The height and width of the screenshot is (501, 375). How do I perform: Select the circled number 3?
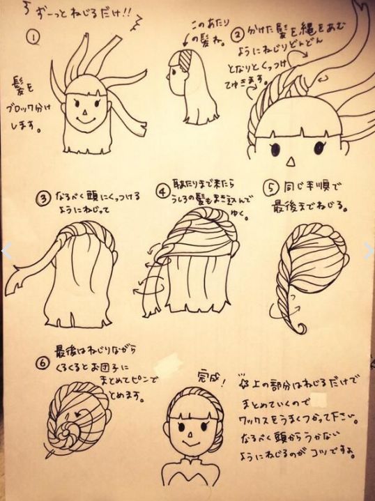pyautogui.click(x=43, y=198)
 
